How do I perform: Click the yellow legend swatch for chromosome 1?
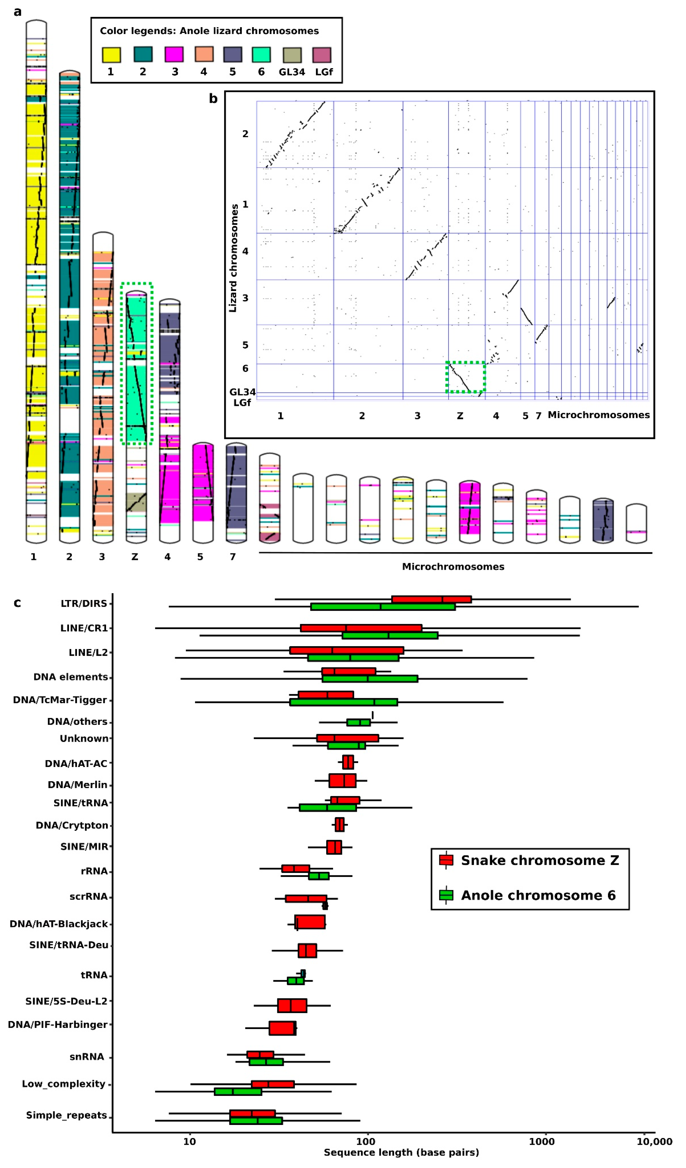111,55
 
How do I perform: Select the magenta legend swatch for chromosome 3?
174,54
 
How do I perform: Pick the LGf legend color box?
322,55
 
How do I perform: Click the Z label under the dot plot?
460,416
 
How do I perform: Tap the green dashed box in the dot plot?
465,377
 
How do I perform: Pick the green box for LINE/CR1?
390,635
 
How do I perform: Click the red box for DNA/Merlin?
342,780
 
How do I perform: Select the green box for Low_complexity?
238,1091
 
